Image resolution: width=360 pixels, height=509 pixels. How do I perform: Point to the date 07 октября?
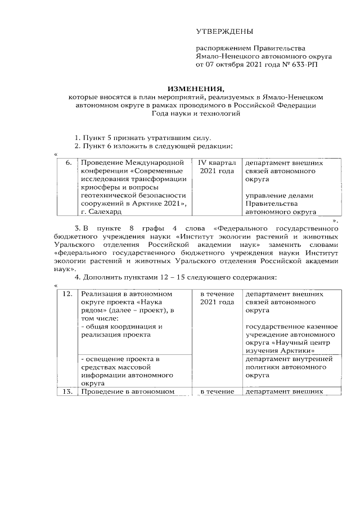click(x=224, y=65)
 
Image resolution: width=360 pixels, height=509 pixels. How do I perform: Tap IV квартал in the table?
click(x=217, y=163)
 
